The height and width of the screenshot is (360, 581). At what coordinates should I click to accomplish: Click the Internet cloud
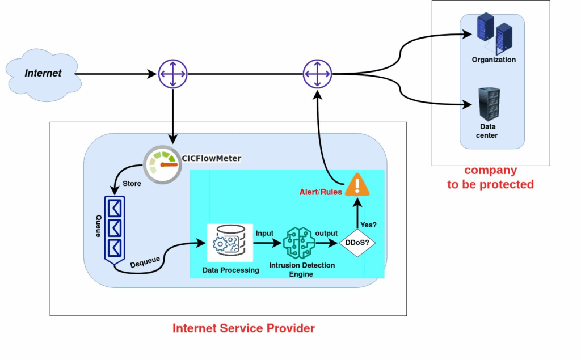coord(43,75)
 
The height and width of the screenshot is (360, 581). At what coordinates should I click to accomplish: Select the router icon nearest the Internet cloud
coord(173,74)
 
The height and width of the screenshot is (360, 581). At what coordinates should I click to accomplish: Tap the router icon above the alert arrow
coord(318,74)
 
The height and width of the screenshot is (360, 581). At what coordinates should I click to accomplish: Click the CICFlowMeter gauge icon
coord(162,164)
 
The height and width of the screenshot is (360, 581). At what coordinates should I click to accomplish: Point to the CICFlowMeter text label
coord(211,159)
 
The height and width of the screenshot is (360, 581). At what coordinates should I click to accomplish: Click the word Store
coord(132,183)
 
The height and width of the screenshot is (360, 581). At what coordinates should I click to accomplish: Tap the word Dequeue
coord(145,262)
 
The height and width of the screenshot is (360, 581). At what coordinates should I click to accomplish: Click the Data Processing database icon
coord(230,243)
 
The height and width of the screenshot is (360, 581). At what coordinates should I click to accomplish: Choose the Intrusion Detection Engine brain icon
coord(299,243)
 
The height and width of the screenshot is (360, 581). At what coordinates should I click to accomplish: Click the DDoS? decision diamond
coord(357,243)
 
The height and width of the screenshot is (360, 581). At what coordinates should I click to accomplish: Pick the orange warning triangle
coord(357,184)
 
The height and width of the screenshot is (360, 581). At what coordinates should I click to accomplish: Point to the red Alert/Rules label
coord(321,192)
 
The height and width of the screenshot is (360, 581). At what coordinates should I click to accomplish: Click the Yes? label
coord(368,225)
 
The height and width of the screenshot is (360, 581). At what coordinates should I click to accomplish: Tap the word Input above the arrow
coord(264,234)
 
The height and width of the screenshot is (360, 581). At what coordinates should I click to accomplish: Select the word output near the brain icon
coord(326,234)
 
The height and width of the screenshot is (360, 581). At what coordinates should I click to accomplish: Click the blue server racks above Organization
coord(495,33)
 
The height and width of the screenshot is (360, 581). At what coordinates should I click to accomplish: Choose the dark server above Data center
coord(489,104)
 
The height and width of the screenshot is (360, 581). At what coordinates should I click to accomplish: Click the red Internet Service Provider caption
coord(243,328)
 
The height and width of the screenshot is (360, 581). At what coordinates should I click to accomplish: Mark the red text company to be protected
coord(491,177)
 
